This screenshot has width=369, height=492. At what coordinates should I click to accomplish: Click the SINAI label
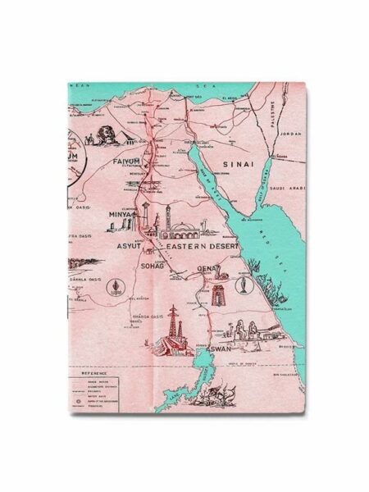[x=251, y=164]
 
